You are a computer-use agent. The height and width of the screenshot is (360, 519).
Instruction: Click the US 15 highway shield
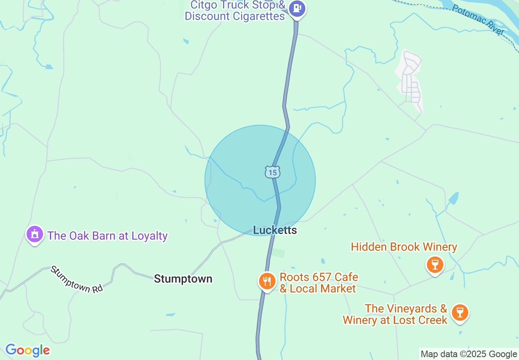coord(272,172)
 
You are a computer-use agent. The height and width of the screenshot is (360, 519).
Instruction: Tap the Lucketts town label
coord(275,230)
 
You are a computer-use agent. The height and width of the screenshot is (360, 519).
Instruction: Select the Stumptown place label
coord(183,279)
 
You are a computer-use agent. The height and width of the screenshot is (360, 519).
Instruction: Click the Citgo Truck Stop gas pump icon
coord(297,9)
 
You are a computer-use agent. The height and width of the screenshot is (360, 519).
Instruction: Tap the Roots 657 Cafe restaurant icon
coord(267,281)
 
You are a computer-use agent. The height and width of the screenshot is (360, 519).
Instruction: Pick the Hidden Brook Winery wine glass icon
coord(435,264)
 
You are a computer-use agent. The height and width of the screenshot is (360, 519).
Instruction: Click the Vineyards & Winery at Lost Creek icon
coord(460,313)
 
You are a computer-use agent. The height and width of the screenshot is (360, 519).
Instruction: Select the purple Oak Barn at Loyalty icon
coord(35,234)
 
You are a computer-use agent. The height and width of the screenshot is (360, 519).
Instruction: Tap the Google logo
coord(27,350)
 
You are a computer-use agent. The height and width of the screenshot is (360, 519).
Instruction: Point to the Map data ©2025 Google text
coord(469,354)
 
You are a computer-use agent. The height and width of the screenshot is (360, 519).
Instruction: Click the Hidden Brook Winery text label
coord(404,247)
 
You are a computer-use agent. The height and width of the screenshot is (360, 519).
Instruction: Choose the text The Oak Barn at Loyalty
coord(107,236)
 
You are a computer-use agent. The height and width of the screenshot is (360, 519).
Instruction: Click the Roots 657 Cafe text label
coord(318,277)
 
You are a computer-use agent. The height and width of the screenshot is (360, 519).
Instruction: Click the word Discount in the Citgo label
coord(207,16)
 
